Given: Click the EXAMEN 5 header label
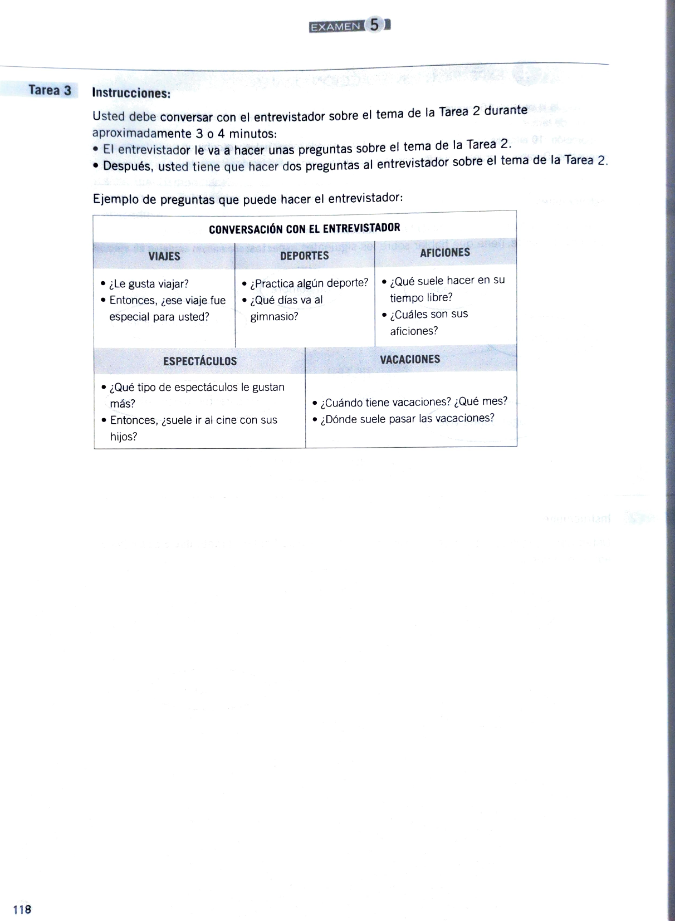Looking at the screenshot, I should (350, 26).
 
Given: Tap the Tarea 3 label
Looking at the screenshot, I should (50, 91).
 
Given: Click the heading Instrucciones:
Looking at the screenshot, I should (131, 93).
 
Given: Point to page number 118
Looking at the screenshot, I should (22, 909).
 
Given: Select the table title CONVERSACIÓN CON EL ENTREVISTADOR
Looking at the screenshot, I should (304, 228).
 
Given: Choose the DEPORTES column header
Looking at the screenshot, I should (304, 256).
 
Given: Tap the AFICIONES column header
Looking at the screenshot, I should (444, 253).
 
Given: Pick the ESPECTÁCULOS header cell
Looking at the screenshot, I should (200, 361).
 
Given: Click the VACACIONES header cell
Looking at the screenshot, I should (410, 360).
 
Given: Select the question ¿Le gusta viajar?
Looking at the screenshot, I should (149, 284).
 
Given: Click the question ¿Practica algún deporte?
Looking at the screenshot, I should (309, 283).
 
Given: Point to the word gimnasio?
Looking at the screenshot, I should (274, 317).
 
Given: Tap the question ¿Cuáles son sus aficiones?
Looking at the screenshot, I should (428, 322).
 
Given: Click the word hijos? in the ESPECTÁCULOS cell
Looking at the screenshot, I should (124, 437).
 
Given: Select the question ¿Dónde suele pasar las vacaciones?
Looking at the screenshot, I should (407, 419).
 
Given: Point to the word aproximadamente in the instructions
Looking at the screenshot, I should (134, 134).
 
